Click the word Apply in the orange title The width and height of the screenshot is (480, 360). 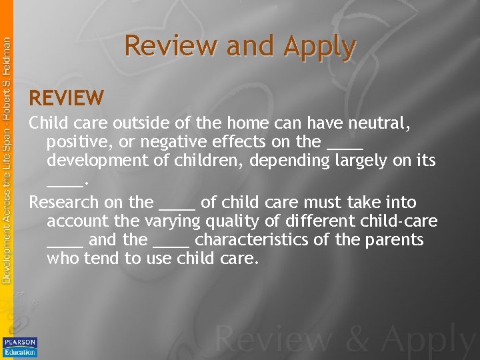pos(319,47)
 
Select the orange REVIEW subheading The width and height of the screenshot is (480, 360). pos(67,99)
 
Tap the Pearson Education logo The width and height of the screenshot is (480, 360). pos(20,347)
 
